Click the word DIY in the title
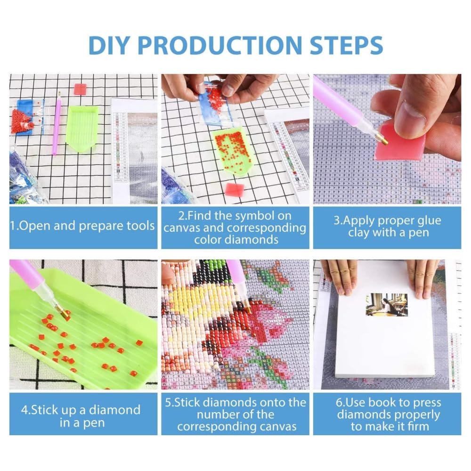109,45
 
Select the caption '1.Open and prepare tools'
82,226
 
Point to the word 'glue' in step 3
428,221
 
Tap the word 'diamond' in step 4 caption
114,410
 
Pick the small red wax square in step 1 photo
80,89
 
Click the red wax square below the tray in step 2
235,189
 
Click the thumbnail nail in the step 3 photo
414,114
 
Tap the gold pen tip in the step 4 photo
64,314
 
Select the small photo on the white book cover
386,305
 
